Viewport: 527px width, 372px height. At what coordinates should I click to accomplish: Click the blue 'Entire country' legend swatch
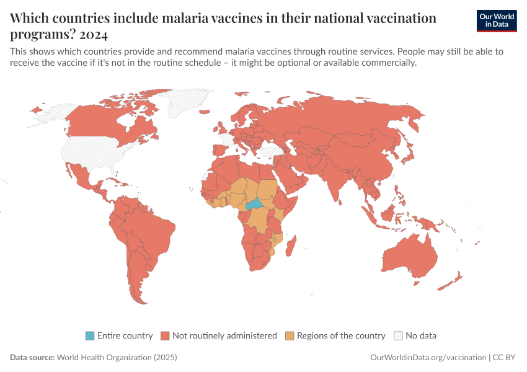pyautogui.click(x=90, y=336)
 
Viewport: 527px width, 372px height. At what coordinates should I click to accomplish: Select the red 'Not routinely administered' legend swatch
pyautogui.click(x=165, y=336)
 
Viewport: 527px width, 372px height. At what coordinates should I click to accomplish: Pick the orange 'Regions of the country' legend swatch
pyautogui.click(x=290, y=336)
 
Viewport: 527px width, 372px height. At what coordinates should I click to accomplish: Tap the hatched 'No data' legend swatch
pyautogui.click(x=398, y=336)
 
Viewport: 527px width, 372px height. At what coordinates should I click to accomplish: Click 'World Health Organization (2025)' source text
pyautogui.click(x=117, y=358)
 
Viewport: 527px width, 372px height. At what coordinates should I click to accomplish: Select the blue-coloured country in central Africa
pyautogui.click(x=254, y=205)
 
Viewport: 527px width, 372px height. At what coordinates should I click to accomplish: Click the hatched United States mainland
pyautogui.click(x=93, y=149)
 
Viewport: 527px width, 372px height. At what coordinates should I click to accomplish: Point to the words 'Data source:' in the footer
pyautogui.click(x=32, y=358)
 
